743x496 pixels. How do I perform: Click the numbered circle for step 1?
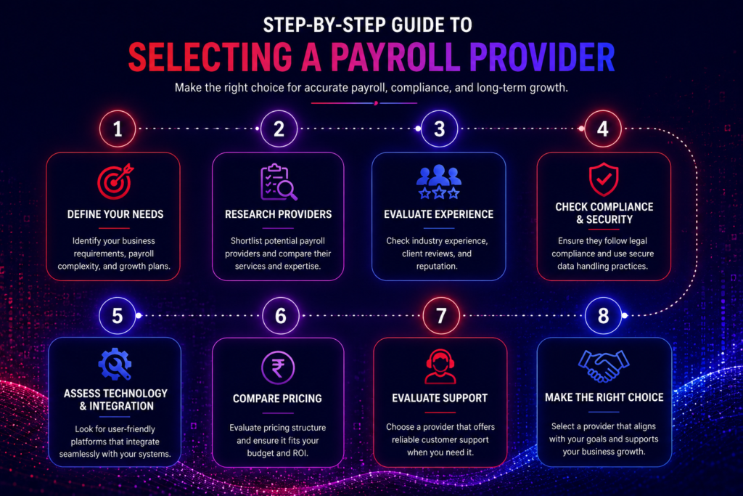tap(118, 129)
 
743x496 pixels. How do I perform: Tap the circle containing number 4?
tap(603, 129)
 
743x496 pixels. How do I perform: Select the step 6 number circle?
tap(281, 316)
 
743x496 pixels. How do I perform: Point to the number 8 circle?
tap(603, 316)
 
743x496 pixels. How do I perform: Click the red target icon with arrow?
tap(115, 182)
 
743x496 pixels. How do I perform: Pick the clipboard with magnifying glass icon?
tap(279, 182)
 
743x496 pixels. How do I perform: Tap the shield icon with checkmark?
tap(604, 179)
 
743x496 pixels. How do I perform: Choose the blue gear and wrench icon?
tap(115, 364)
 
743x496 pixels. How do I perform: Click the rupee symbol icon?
tap(278, 368)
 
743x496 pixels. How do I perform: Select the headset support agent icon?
tap(440, 367)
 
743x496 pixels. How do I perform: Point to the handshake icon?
tap(604, 365)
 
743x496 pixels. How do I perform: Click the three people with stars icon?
tap(439, 182)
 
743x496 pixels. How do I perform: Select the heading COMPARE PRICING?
tap(277, 398)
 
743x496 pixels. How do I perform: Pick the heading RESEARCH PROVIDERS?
tap(278, 214)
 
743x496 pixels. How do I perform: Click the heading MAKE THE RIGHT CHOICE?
tap(604, 397)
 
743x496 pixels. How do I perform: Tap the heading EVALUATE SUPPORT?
tap(440, 398)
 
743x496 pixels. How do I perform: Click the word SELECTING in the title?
tap(210, 57)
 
